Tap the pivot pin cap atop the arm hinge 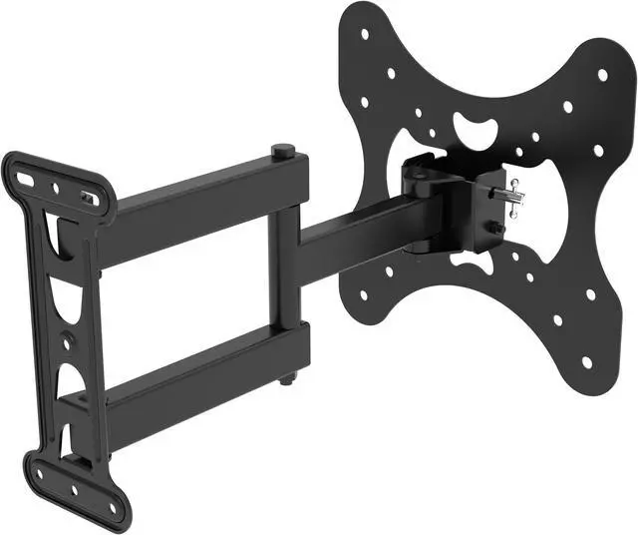(283, 152)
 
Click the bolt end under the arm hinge (287, 380)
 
